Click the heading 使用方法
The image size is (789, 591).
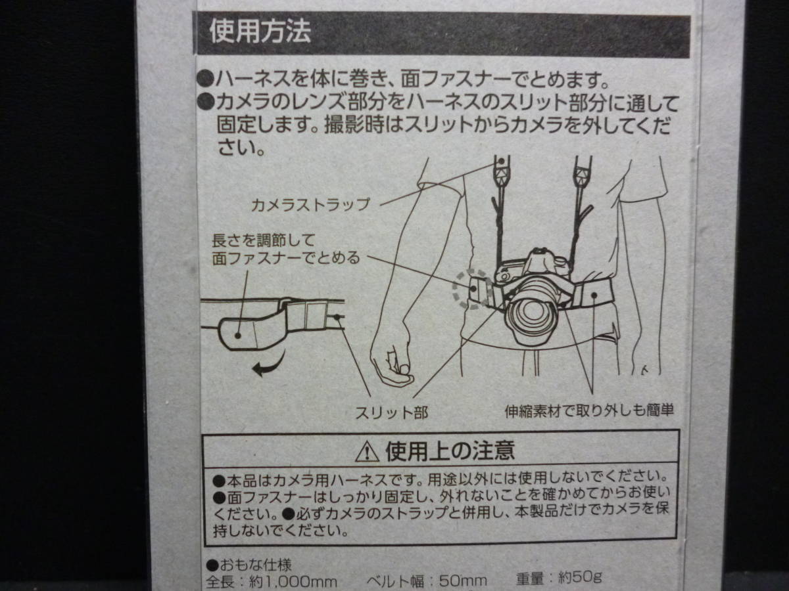click(260, 32)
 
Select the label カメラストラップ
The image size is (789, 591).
click(310, 205)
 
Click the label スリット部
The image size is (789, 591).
click(391, 413)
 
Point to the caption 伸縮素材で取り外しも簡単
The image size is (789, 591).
click(588, 411)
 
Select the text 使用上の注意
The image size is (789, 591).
click(450, 451)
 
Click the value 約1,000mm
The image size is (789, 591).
click(293, 582)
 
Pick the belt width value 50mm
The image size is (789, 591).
click(464, 580)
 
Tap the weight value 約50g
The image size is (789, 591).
click(580, 577)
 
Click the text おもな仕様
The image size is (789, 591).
click(256, 565)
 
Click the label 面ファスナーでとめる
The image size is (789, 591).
click(286, 258)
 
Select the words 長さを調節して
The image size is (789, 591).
click(264, 240)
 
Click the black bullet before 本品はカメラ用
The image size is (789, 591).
click(219, 480)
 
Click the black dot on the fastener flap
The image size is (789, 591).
click(237, 336)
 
